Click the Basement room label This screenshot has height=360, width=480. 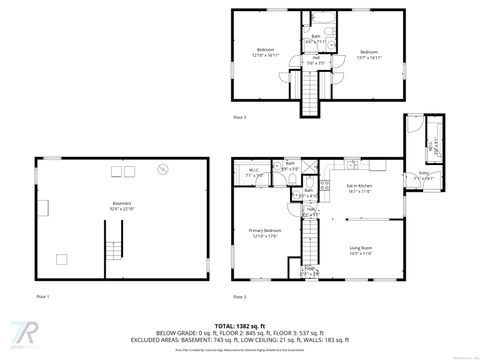click(122, 205)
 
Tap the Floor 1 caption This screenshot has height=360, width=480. click(42, 297)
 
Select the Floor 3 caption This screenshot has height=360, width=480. click(239, 118)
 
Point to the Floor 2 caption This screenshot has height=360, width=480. click(239, 297)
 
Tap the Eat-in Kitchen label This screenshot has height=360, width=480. click(359, 190)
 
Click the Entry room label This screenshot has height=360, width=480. click(424, 176)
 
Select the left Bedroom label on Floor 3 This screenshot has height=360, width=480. click(265, 53)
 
